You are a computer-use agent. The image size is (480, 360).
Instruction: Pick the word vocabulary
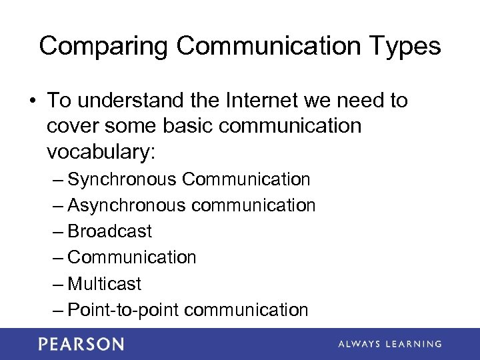point(100,152)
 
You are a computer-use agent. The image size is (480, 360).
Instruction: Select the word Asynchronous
point(127,205)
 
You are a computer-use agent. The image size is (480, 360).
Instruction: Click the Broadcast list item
point(110,231)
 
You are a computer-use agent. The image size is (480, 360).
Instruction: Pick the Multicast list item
point(105,283)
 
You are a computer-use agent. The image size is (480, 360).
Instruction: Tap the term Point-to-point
point(123,309)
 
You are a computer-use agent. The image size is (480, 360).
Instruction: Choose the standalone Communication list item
point(132,257)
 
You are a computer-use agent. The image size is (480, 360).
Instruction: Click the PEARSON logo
point(81,344)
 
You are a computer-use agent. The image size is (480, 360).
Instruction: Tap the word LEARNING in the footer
point(415,344)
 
